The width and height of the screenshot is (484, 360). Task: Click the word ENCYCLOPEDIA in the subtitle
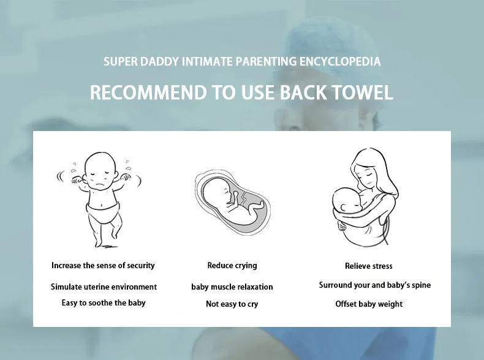340,61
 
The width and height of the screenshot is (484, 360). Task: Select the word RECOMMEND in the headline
148,92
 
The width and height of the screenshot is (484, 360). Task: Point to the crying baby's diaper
103,211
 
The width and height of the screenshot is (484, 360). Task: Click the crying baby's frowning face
100,177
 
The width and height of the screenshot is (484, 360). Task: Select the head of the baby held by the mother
346,202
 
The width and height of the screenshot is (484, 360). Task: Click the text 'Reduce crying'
232,266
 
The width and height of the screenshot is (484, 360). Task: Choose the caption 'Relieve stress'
369,266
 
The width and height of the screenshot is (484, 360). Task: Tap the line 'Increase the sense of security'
103,266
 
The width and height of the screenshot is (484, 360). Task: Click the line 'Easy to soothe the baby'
104,303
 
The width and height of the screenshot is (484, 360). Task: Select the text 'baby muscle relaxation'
232,287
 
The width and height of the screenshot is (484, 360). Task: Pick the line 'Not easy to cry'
232,304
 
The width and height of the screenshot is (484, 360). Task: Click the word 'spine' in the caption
421,285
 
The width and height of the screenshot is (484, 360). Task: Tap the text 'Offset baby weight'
369,304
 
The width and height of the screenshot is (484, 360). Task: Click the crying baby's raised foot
114,235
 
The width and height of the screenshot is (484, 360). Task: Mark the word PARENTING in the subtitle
266,61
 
